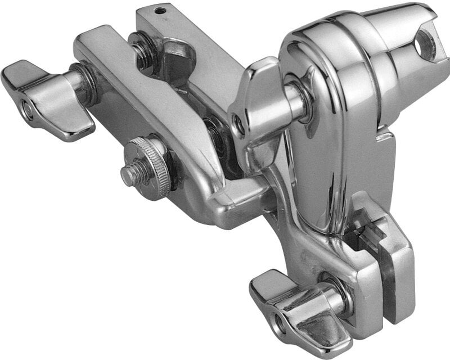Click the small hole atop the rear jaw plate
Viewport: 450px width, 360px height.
[162, 10]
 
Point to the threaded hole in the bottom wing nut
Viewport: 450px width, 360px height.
[278, 323]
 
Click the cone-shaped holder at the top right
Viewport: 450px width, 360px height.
[394, 45]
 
